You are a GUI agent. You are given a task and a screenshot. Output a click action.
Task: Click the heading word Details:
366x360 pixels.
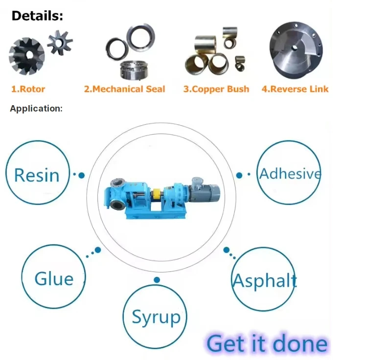tap(37, 16)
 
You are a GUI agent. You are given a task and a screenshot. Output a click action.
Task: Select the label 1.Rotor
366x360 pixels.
tap(28, 89)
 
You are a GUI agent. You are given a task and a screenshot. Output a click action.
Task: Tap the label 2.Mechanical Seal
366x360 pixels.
tap(124, 89)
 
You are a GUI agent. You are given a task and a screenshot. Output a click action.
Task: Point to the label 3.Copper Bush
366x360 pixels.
tap(216, 89)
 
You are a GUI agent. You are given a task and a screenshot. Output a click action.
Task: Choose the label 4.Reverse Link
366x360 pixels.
tap(295, 89)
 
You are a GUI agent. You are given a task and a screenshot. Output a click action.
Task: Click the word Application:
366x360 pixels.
tap(36, 109)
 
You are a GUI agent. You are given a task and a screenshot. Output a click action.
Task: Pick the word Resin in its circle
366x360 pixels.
tap(37, 175)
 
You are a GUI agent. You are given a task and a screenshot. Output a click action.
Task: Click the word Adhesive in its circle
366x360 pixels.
tap(290, 173)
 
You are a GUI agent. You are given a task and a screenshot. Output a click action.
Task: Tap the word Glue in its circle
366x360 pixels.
tap(54, 279)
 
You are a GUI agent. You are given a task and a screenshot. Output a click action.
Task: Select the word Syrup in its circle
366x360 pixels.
tap(156, 317)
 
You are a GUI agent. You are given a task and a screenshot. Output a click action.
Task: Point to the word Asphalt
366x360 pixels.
tap(264, 281)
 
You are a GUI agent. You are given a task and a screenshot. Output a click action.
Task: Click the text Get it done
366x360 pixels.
tap(267, 343)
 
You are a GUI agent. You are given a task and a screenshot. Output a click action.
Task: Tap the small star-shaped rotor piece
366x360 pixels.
tap(60, 42)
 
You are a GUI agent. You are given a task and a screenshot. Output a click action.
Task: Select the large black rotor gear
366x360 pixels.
tap(26, 58)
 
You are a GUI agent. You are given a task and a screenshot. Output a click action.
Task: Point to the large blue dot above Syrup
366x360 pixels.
tap(157, 280)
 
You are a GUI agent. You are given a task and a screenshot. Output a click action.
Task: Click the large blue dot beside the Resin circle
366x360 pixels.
tap(82, 175)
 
